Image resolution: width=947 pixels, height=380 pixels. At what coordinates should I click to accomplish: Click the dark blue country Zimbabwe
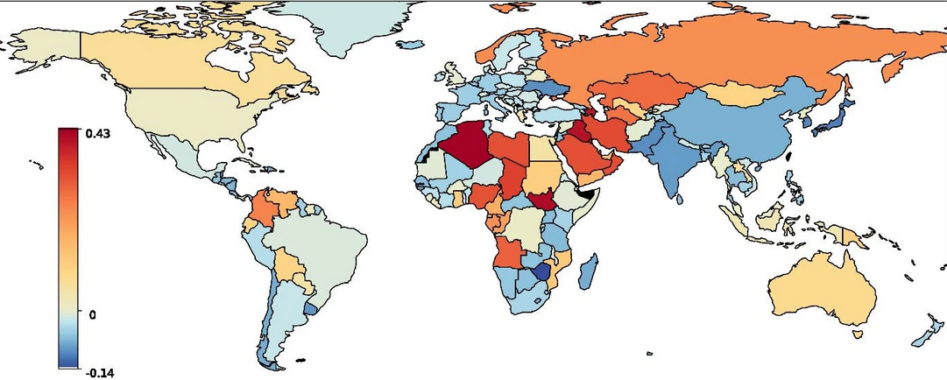(x=542, y=272)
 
